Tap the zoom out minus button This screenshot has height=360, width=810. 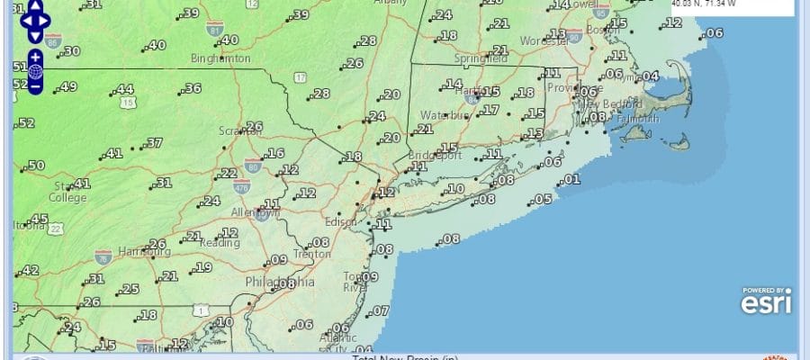pyautogui.click(x=35, y=86)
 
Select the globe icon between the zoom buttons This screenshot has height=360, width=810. pyautogui.click(x=35, y=71)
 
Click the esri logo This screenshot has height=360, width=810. pyautogui.click(x=766, y=302)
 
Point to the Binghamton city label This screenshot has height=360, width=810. pyautogui.click(x=220, y=58)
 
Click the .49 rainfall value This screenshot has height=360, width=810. pyautogui.click(x=65, y=87)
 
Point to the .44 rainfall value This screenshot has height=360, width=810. pyautogui.click(x=124, y=89)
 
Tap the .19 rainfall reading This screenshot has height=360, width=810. pyautogui.click(x=202, y=267)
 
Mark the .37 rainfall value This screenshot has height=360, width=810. pyautogui.click(x=153, y=143)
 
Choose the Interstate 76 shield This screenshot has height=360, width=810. pyautogui.click(x=104, y=256)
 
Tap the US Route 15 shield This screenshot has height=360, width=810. pyautogui.click(x=130, y=104)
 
